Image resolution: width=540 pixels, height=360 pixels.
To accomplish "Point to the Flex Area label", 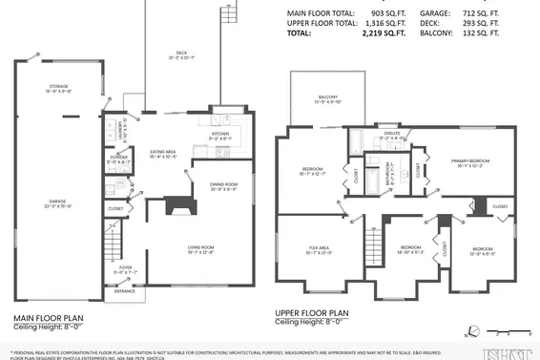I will point(319,248).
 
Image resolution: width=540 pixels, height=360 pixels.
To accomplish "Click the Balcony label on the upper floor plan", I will point(326,97).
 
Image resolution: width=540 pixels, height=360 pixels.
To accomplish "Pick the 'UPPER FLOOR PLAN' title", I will point(312,312).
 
